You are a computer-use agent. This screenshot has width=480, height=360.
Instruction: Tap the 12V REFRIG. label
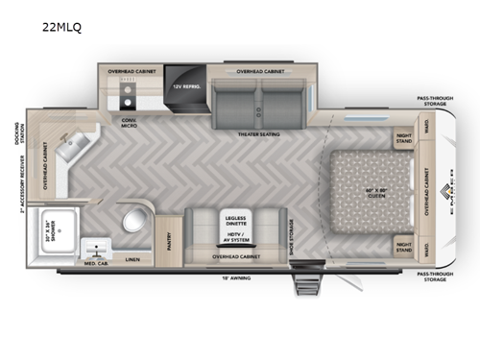(184, 86)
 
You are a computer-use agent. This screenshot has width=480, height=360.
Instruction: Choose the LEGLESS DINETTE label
(237, 220)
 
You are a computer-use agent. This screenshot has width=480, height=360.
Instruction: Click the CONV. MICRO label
(128, 123)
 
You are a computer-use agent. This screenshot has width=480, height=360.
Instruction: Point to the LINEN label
(132, 258)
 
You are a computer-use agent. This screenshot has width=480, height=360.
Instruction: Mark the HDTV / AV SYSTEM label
(237, 240)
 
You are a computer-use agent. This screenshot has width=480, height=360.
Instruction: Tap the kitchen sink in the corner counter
(69, 147)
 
